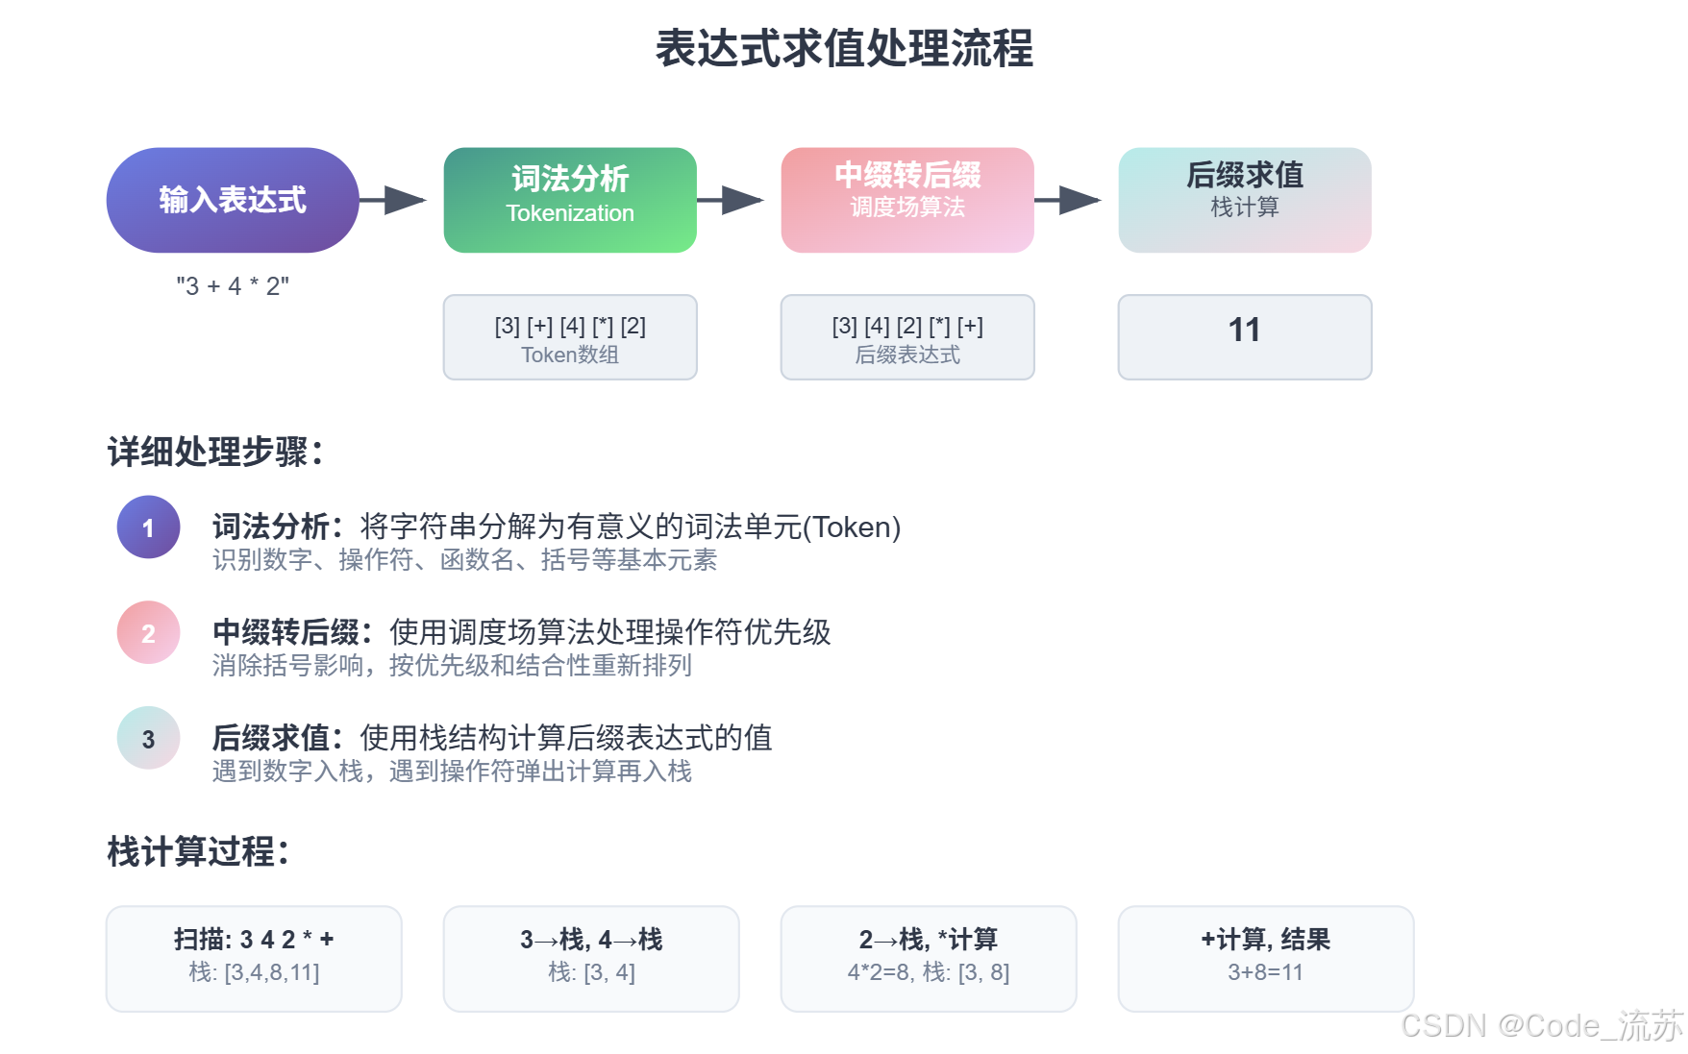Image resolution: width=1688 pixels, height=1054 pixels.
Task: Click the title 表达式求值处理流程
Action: tap(844, 48)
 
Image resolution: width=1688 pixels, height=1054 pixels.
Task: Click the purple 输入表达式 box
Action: tap(233, 200)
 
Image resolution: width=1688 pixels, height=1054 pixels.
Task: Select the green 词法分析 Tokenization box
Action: tap(570, 200)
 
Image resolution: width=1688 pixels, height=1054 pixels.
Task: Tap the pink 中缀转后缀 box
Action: tap(907, 200)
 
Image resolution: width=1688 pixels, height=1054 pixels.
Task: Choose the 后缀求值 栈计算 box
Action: tap(1245, 200)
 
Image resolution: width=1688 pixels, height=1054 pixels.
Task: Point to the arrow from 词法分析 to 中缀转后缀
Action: tap(732, 200)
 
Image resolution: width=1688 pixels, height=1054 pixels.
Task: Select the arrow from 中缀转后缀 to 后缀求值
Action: tap(1069, 200)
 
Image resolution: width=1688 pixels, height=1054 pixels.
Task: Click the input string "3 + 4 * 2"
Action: tap(233, 286)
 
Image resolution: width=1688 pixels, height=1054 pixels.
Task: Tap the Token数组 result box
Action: tap(570, 337)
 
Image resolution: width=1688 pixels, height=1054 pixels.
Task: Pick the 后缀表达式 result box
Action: tap(907, 337)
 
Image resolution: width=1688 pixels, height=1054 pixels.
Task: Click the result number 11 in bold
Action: tap(1244, 331)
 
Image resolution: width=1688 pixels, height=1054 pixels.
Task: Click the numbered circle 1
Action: tap(148, 527)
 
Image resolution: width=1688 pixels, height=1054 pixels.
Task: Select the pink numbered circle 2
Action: tap(148, 633)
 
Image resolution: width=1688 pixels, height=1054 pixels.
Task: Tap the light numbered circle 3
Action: tap(148, 739)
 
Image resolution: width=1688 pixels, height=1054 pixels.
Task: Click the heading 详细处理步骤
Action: tap(215, 452)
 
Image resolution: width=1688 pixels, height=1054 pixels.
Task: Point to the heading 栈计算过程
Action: tap(198, 851)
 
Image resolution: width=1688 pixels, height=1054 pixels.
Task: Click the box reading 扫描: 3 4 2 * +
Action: tap(254, 958)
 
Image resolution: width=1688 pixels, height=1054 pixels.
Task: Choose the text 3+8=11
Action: tap(1265, 972)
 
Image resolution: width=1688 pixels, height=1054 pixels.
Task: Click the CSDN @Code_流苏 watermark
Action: tap(1541, 1026)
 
